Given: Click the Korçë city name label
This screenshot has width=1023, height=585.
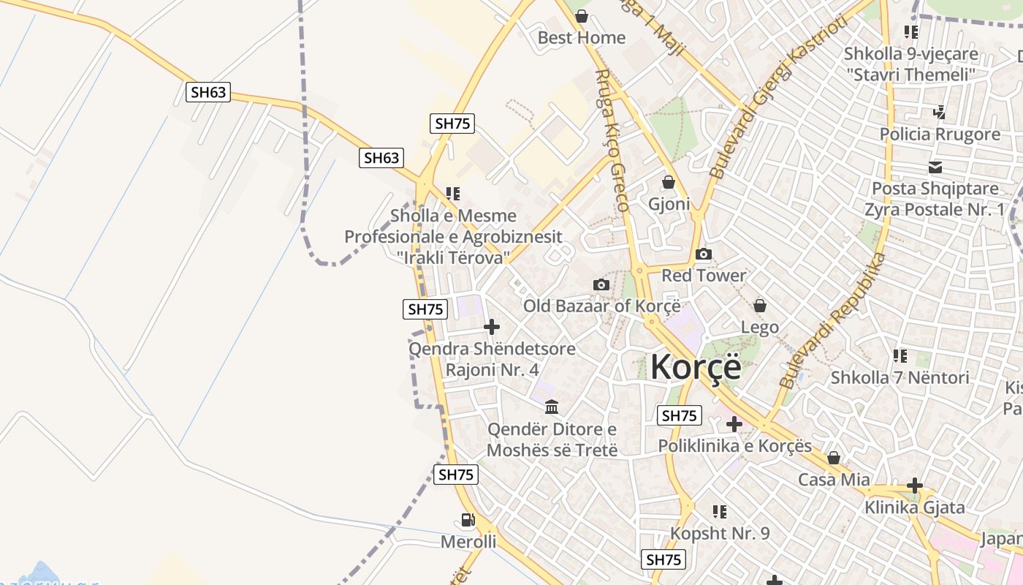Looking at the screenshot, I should (x=696, y=366).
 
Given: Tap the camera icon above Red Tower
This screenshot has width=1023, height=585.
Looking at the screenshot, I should (x=704, y=254).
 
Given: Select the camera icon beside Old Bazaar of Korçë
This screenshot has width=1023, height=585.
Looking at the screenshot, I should (x=601, y=284).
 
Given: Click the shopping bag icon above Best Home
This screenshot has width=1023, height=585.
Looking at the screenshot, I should (x=582, y=16).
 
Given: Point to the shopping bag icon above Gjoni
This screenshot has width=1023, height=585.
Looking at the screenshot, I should (x=669, y=182).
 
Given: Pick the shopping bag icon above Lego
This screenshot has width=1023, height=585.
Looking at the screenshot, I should (x=760, y=305).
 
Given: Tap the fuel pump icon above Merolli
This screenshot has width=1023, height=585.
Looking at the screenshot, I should (x=468, y=520).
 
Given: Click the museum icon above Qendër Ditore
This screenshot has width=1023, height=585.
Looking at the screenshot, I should (x=552, y=407).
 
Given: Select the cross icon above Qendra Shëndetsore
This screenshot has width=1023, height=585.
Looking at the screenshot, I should (x=493, y=327).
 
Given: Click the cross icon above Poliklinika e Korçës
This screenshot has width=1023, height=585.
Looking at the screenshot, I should (x=734, y=424).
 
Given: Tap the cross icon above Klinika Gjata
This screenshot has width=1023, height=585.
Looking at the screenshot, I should (x=914, y=486).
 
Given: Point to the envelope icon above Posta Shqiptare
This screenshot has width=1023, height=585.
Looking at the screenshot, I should (x=935, y=167).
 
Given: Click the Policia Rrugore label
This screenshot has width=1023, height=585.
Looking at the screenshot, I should (x=940, y=135).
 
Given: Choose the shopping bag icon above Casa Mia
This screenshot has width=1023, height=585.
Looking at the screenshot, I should (x=834, y=458).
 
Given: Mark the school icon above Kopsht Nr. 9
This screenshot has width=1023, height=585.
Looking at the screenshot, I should (x=720, y=512).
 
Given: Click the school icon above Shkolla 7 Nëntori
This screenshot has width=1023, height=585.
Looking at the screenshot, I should (x=900, y=356).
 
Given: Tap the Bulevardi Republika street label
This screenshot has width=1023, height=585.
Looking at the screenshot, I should (x=832, y=321).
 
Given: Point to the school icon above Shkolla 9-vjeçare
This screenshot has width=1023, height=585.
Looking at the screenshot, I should (x=910, y=32).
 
